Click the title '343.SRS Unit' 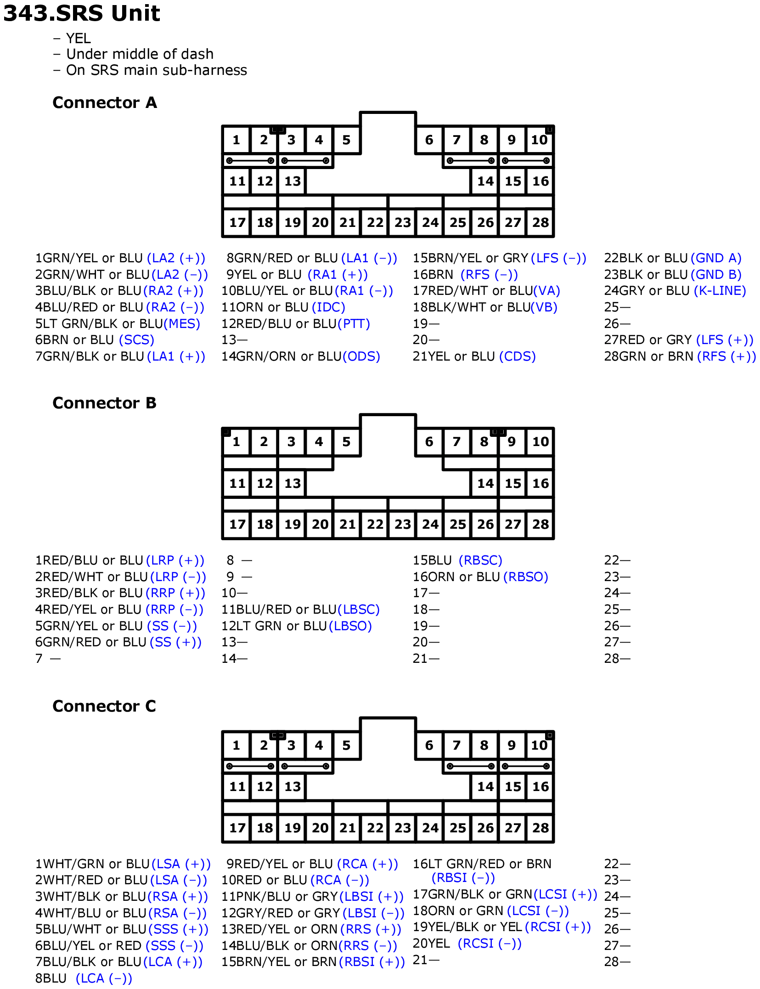82,13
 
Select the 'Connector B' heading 104,403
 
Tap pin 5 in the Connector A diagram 346,140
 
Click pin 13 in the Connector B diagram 292,483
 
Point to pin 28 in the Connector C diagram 540,827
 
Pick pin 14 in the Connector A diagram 485,181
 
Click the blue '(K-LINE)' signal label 720,291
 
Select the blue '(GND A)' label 716,258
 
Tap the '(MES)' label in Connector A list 182,324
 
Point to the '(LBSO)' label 350,626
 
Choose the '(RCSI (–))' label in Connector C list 490,944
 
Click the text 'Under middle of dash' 140,54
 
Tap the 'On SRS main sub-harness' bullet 157,70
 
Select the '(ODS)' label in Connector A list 361,356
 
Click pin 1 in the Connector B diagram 236,442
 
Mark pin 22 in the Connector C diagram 375,827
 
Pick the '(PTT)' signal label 354,324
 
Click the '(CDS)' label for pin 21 518,356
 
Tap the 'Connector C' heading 104,706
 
